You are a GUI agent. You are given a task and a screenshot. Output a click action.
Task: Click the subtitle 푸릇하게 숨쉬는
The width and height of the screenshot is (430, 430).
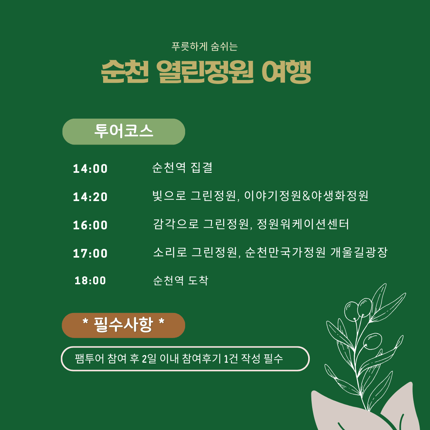(204, 47)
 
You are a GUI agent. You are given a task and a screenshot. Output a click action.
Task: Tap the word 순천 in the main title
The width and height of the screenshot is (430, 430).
(125, 72)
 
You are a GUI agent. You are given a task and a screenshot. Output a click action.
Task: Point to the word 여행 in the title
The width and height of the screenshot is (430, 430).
(286, 72)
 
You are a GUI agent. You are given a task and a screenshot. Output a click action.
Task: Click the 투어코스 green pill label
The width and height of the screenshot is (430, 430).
(123, 131)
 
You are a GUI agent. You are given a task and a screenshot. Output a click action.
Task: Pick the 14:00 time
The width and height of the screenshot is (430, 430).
(90, 169)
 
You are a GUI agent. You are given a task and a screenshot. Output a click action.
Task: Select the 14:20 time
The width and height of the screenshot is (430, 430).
(90, 197)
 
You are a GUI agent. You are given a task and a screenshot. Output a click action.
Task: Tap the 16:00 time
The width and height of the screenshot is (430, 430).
(90, 225)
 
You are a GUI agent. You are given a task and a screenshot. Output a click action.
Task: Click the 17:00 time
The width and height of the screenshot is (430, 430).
(90, 254)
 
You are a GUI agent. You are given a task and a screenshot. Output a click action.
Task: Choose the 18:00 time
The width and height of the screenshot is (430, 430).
(90, 281)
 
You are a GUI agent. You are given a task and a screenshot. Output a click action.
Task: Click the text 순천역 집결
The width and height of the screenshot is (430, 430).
(182, 168)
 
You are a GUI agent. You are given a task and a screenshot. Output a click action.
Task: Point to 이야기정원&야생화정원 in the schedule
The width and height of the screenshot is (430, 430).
(306, 196)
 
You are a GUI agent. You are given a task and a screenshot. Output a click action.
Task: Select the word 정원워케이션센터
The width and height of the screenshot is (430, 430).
(303, 224)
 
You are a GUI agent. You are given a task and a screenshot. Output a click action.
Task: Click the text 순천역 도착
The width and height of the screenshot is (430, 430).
(180, 281)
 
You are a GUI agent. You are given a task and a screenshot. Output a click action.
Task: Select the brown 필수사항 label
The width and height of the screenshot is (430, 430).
(123, 325)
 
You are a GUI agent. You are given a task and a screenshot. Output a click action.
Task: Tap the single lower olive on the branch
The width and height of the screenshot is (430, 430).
(373, 342)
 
